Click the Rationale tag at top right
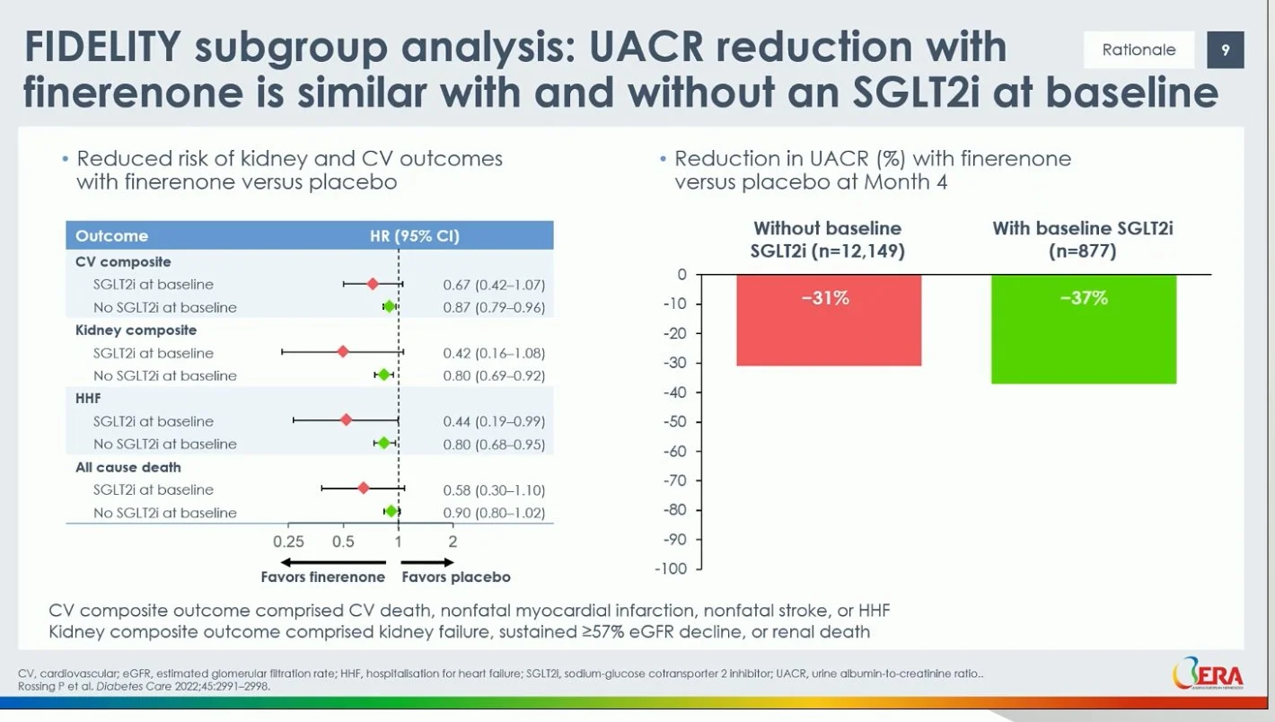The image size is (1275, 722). click(1139, 50)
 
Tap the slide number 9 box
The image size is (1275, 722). click(1225, 50)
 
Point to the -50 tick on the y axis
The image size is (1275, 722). click(674, 422)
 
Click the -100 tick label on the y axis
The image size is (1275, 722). click(671, 569)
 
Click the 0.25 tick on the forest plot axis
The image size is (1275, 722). click(288, 541)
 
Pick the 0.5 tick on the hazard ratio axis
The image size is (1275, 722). click(343, 541)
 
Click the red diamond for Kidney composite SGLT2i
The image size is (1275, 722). click(342, 352)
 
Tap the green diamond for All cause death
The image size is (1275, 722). click(391, 511)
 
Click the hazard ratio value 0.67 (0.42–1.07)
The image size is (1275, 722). click(494, 285)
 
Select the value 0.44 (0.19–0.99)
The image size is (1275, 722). click(494, 421)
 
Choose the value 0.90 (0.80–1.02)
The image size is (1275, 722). click(494, 513)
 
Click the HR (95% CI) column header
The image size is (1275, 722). click(414, 236)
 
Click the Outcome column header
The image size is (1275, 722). click(111, 236)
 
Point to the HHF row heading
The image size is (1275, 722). click(88, 399)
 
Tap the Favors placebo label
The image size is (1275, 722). click(456, 577)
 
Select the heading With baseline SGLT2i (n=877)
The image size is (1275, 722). click(1082, 240)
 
